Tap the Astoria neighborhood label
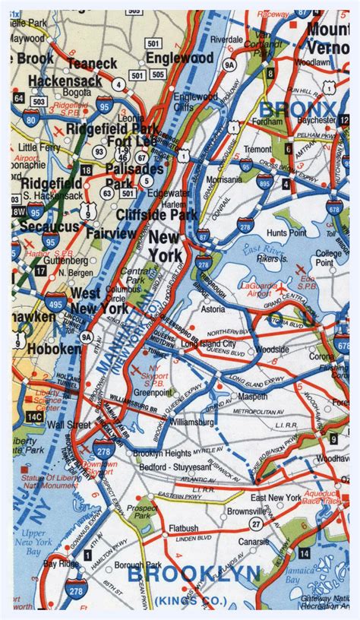[221, 310]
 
